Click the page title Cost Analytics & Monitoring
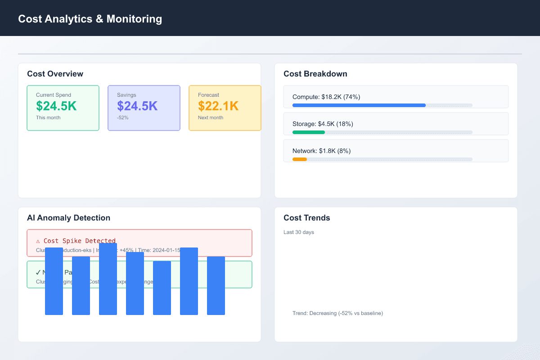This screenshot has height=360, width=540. pos(90,19)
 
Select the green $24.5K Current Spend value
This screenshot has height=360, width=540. pos(56,106)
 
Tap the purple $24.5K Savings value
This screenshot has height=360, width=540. pos(137,106)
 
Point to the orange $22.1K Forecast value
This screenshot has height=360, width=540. pos(218,106)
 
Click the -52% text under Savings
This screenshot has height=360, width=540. pos(123,117)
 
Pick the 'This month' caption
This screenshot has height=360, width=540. pos(48,117)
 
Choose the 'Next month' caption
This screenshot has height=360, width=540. pos(211,117)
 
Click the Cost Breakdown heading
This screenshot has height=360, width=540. pos(315,74)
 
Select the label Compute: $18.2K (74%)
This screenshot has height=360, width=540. pos(326,97)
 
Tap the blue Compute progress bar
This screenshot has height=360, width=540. pos(359,105)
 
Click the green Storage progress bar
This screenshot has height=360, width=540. pos(309,132)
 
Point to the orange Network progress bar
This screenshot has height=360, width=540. pos(300,159)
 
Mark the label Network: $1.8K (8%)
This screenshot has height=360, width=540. pos(321,151)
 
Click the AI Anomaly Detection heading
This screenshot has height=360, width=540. pos(68,218)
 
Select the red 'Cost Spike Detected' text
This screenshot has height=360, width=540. pos(79,241)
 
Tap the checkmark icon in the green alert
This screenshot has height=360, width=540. pos(38,272)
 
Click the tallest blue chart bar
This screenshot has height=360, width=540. pos(108,279)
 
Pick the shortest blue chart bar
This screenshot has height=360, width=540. pos(162,288)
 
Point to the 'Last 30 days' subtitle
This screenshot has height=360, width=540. pos(299,232)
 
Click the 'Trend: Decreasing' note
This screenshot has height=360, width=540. pos(337,313)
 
